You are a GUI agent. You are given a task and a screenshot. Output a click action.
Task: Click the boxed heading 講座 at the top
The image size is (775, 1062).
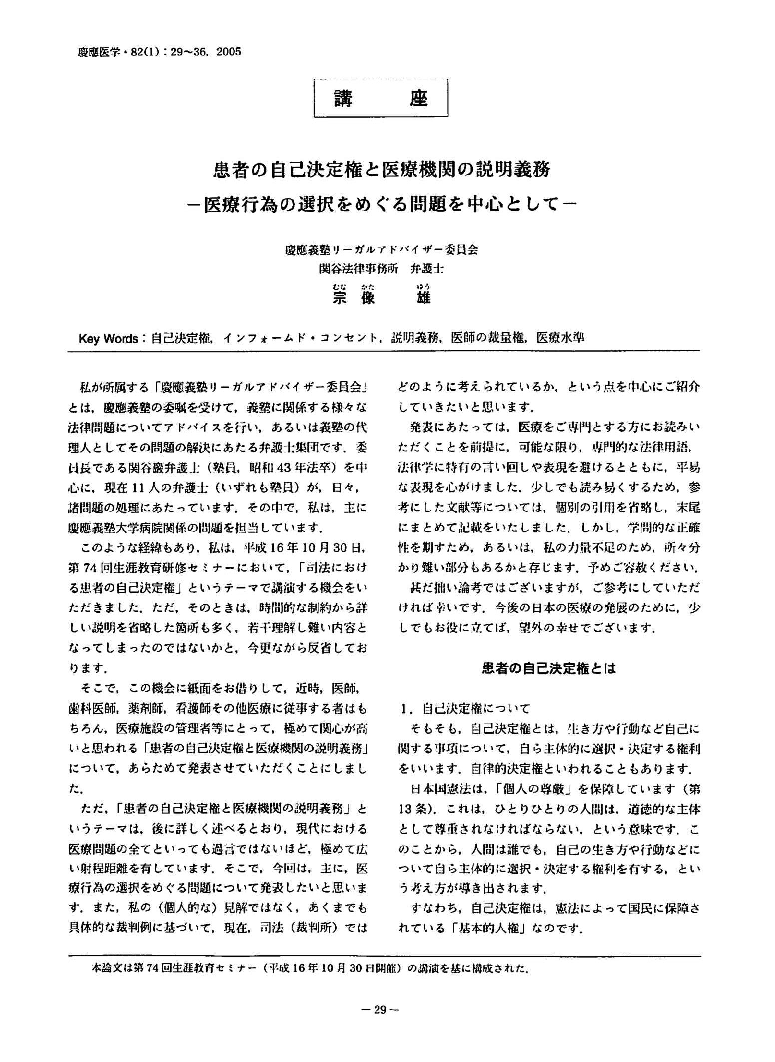381,99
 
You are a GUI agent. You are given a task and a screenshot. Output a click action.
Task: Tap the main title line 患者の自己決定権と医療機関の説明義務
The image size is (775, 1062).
382,170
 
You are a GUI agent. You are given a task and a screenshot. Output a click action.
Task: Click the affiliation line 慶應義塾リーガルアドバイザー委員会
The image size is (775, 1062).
382,250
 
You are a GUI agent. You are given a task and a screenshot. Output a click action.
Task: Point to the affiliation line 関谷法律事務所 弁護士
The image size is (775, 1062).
382,269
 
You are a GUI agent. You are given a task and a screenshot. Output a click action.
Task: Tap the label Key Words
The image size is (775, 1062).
108,338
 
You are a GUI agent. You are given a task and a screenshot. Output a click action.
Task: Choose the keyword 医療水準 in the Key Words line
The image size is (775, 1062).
560,338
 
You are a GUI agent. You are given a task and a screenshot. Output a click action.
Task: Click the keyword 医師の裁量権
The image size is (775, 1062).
488,338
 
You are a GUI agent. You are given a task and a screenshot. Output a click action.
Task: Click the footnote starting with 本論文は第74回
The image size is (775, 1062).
310,968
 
